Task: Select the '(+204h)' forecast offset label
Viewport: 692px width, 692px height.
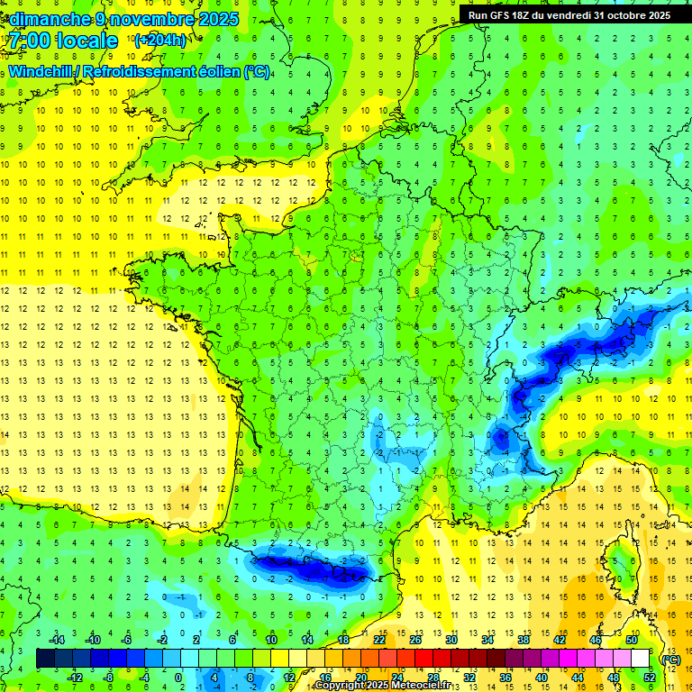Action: (x=159, y=41)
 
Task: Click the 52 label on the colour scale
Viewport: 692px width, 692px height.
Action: (x=649, y=677)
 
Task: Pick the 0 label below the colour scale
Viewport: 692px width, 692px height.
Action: (x=178, y=677)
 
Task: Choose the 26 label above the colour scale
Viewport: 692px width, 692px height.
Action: (x=415, y=640)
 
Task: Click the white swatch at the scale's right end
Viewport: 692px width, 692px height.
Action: (x=640, y=659)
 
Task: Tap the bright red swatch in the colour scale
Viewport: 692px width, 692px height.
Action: (x=423, y=659)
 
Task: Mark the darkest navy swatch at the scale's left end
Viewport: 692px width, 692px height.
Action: (x=45, y=659)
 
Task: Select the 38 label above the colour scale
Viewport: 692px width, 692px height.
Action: (x=524, y=640)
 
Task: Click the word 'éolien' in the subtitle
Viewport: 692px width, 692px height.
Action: (x=216, y=71)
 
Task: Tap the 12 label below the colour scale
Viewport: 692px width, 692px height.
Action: (x=289, y=677)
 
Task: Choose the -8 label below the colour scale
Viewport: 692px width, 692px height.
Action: (x=108, y=677)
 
